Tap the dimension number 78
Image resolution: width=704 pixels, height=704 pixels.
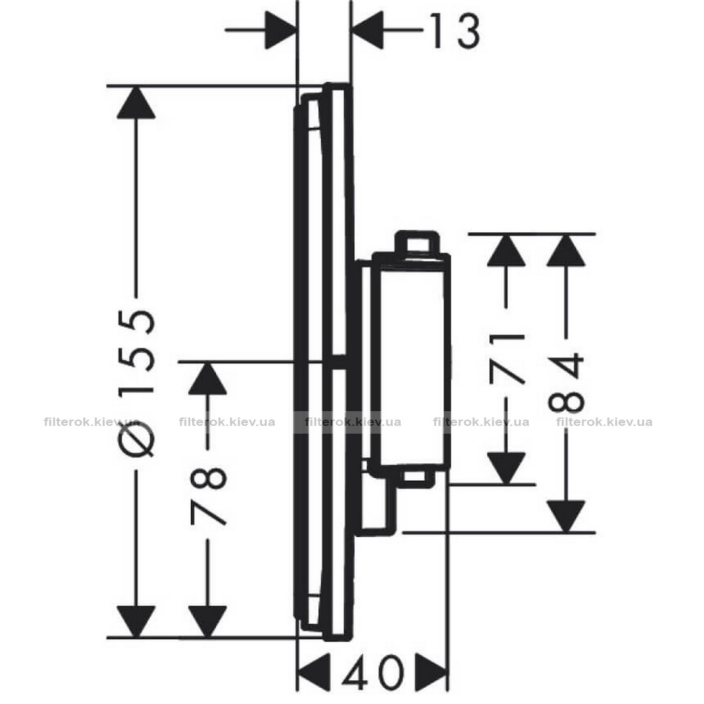[208, 496]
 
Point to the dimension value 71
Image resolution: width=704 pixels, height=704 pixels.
[508, 359]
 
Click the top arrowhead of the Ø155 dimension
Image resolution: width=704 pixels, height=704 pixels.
[136, 102]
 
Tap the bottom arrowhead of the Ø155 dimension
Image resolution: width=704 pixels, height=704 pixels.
[136, 621]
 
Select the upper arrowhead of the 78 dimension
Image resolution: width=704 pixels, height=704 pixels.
[208, 378]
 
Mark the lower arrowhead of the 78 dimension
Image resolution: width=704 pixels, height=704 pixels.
[208, 621]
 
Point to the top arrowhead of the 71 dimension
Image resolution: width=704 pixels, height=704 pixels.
[506, 250]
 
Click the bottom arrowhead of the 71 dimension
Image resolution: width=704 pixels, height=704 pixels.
[506, 468]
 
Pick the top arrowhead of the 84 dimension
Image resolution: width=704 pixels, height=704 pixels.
[566, 250]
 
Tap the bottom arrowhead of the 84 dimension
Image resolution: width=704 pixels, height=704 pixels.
[566, 516]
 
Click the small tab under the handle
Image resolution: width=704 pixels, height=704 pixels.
[413, 477]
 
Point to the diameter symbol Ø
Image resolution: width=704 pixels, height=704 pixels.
[137, 438]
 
